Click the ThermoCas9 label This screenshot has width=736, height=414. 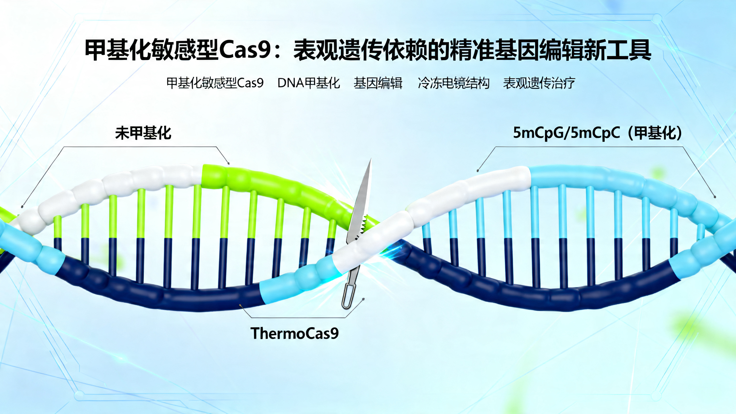click(294, 333)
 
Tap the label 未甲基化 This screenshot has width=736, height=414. click(143, 133)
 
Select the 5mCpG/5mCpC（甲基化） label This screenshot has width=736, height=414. click(597, 133)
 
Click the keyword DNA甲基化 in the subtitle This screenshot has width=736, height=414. click(308, 83)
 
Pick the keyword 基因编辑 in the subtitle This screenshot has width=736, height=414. click(378, 83)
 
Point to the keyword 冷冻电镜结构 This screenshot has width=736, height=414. click(453, 83)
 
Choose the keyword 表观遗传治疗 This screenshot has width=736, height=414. click(539, 83)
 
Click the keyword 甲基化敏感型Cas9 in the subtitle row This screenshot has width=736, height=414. click(215, 83)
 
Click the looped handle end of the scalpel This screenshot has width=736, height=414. click(346, 299)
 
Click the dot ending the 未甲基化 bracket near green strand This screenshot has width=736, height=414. click(229, 163)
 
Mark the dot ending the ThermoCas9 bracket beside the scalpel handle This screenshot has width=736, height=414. click(363, 299)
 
